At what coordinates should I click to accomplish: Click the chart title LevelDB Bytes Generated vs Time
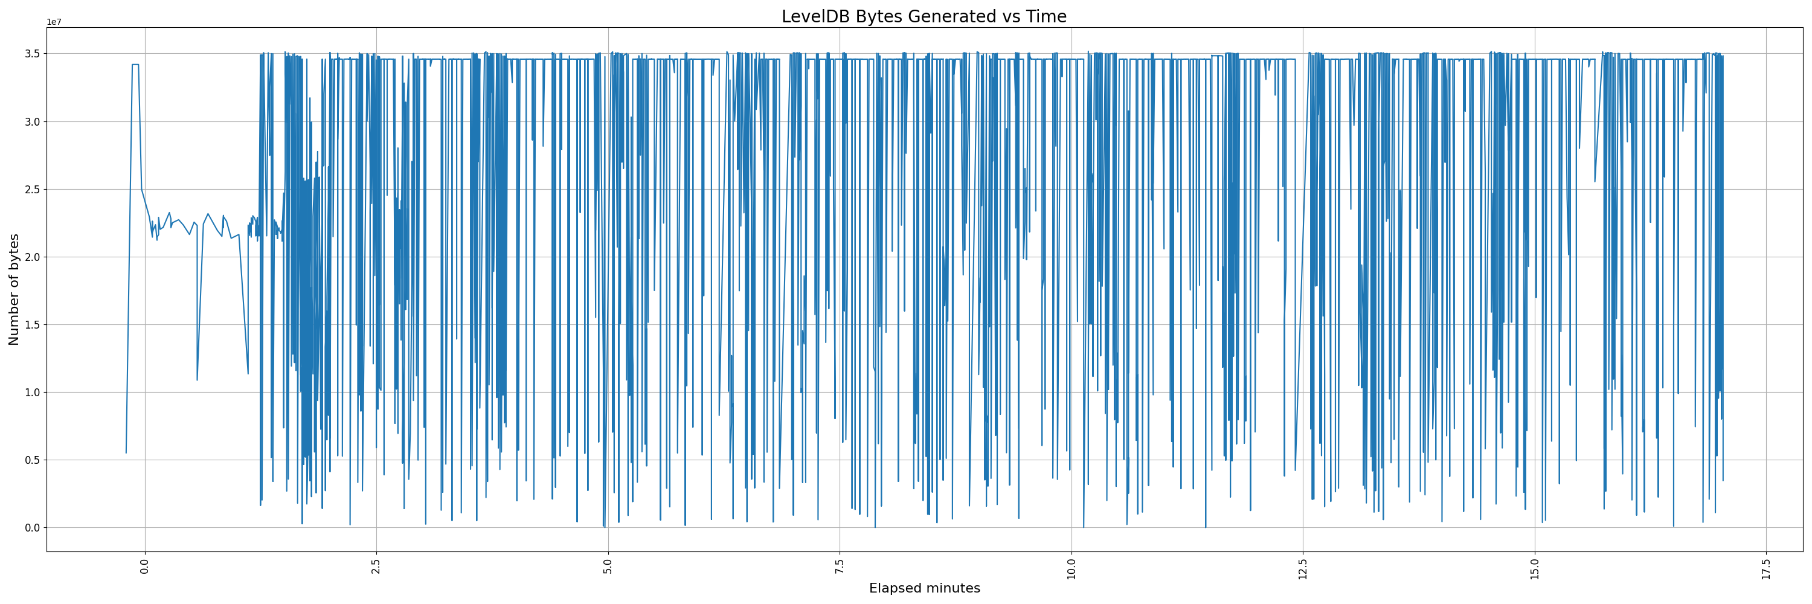point(924,17)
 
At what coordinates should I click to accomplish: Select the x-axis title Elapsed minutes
point(924,588)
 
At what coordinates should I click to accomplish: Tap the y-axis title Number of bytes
point(14,290)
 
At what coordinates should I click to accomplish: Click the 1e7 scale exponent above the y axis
point(54,22)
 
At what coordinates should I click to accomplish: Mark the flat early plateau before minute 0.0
point(135,65)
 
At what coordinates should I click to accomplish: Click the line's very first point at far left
point(126,453)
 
